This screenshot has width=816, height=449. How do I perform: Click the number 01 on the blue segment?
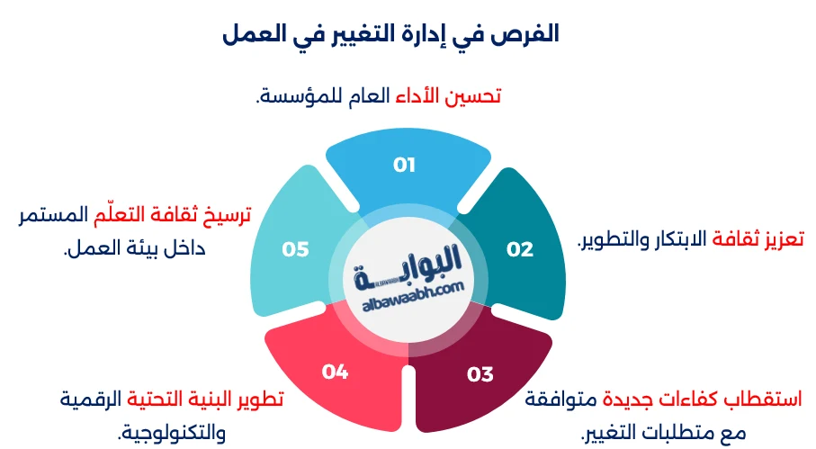(x=404, y=165)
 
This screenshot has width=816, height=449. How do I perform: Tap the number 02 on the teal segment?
(x=520, y=249)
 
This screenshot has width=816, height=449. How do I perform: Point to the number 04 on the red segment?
(x=335, y=371)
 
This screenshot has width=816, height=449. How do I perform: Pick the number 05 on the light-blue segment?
(x=295, y=249)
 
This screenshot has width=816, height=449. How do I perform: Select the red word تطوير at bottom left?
(x=259, y=397)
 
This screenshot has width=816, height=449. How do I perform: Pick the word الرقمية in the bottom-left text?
(x=90, y=397)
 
